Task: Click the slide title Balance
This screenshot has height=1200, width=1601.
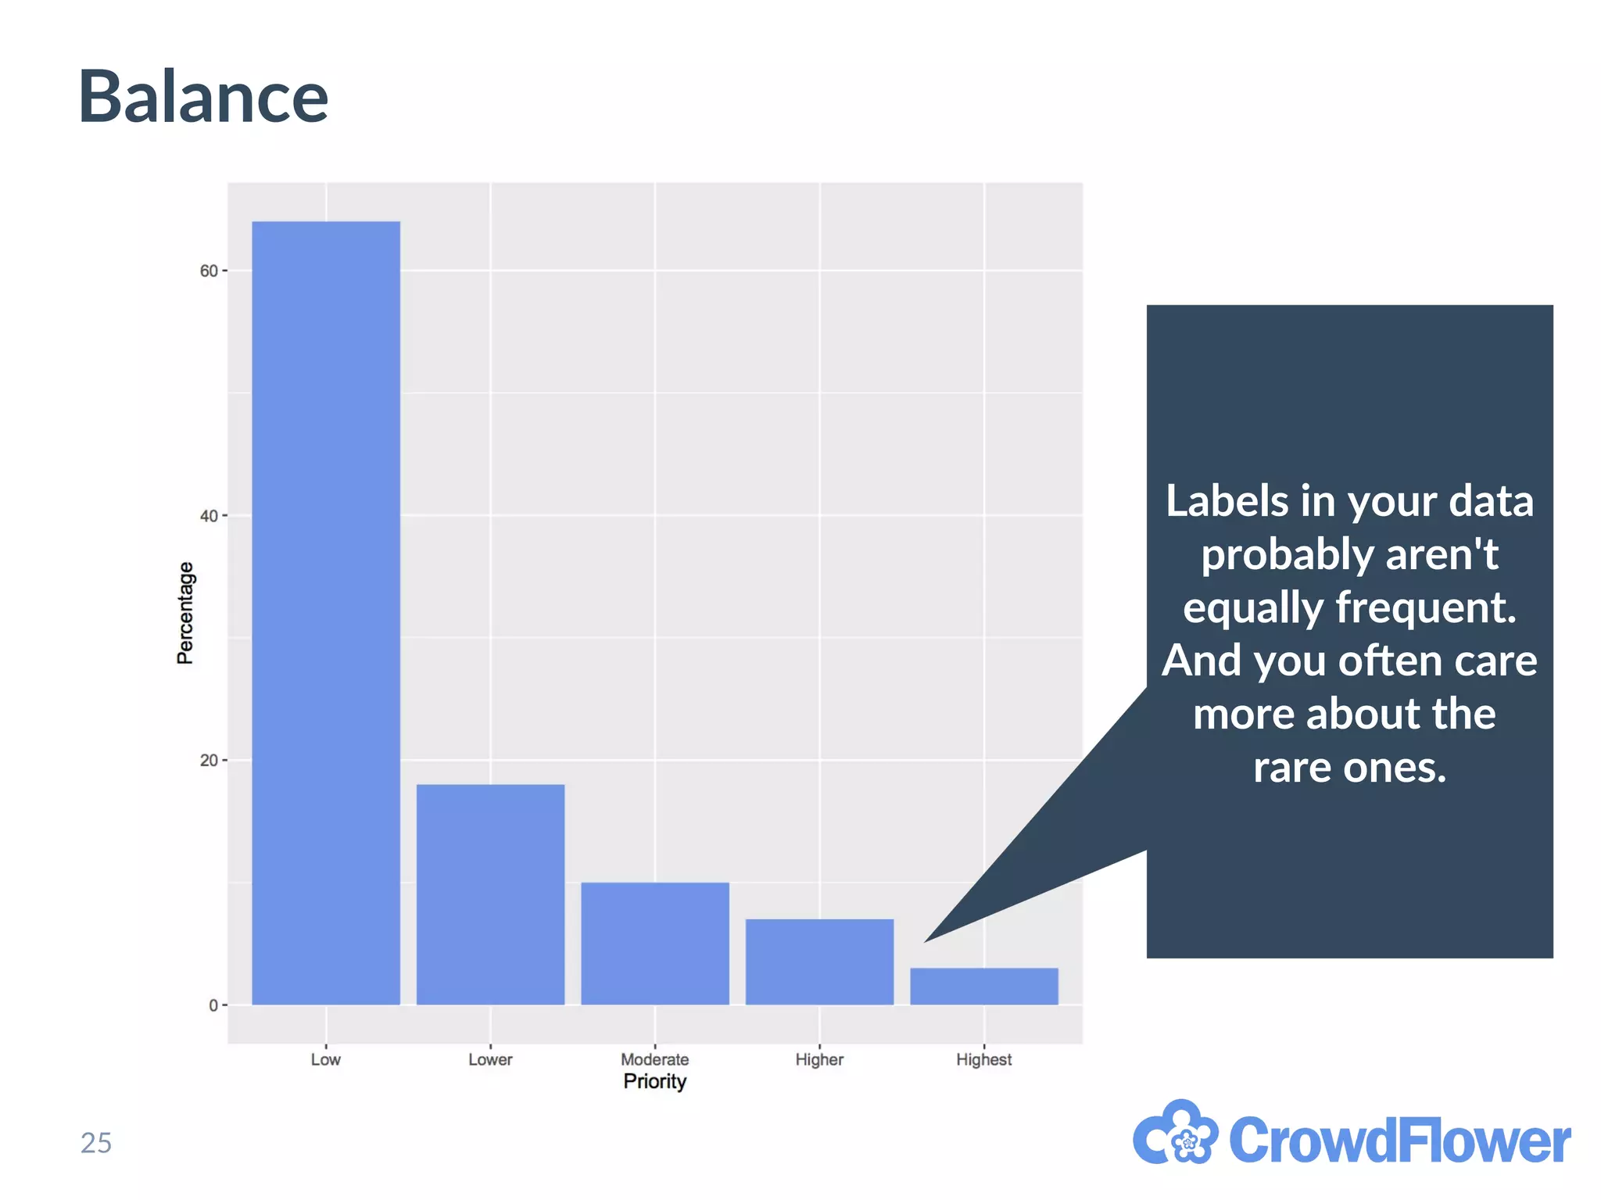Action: (x=203, y=98)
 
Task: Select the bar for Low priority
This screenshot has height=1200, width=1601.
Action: (x=326, y=614)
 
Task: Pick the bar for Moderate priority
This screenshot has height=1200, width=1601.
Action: (x=655, y=943)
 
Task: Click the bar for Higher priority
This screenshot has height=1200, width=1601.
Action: (x=819, y=962)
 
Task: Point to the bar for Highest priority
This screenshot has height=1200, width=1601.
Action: (x=983, y=986)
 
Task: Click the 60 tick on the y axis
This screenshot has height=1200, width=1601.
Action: (x=209, y=271)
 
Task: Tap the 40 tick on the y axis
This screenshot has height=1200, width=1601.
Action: (x=209, y=516)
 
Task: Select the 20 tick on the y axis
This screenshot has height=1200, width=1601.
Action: (x=209, y=761)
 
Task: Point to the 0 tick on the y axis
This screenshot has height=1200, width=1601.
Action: (x=213, y=1005)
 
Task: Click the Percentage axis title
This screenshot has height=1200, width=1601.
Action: (x=185, y=614)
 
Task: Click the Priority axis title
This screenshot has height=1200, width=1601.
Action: (x=655, y=1081)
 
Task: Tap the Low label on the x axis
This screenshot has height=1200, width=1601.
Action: (x=325, y=1060)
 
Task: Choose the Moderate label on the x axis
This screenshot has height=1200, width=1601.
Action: (x=655, y=1060)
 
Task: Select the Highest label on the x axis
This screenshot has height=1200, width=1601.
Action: (x=983, y=1060)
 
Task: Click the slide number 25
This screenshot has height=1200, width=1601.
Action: (x=96, y=1143)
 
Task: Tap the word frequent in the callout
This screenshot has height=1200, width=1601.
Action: (x=1425, y=607)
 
